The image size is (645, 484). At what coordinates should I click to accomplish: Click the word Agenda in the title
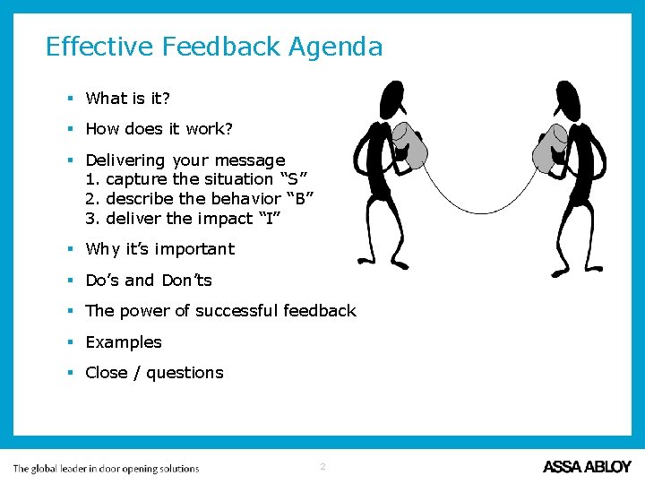coord(335,47)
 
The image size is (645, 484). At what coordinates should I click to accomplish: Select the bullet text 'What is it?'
coord(129,99)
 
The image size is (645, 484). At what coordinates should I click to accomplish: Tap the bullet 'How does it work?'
coord(159,129)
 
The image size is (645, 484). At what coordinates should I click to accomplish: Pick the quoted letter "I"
coord(271,219)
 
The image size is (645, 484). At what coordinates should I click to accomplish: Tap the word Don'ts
coord(186,281)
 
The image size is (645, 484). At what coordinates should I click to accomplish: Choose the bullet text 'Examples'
coord(124,342)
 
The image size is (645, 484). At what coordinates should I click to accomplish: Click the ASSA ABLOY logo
coord(587,467)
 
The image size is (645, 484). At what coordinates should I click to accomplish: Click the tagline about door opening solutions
coord(106,468)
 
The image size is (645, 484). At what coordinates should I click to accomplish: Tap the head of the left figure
coord(391,96)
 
